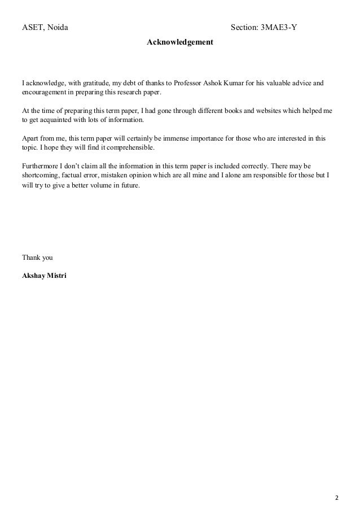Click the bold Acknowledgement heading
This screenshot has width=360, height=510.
[180, 42]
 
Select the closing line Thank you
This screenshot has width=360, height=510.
[37, 258]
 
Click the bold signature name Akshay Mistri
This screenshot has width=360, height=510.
[44, 276]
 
